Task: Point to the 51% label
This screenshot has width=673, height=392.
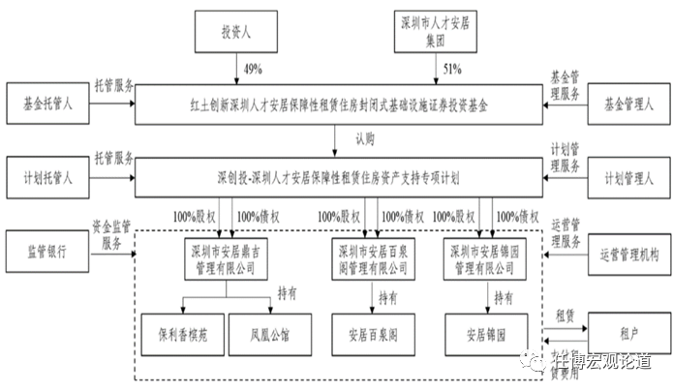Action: [452, 70]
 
